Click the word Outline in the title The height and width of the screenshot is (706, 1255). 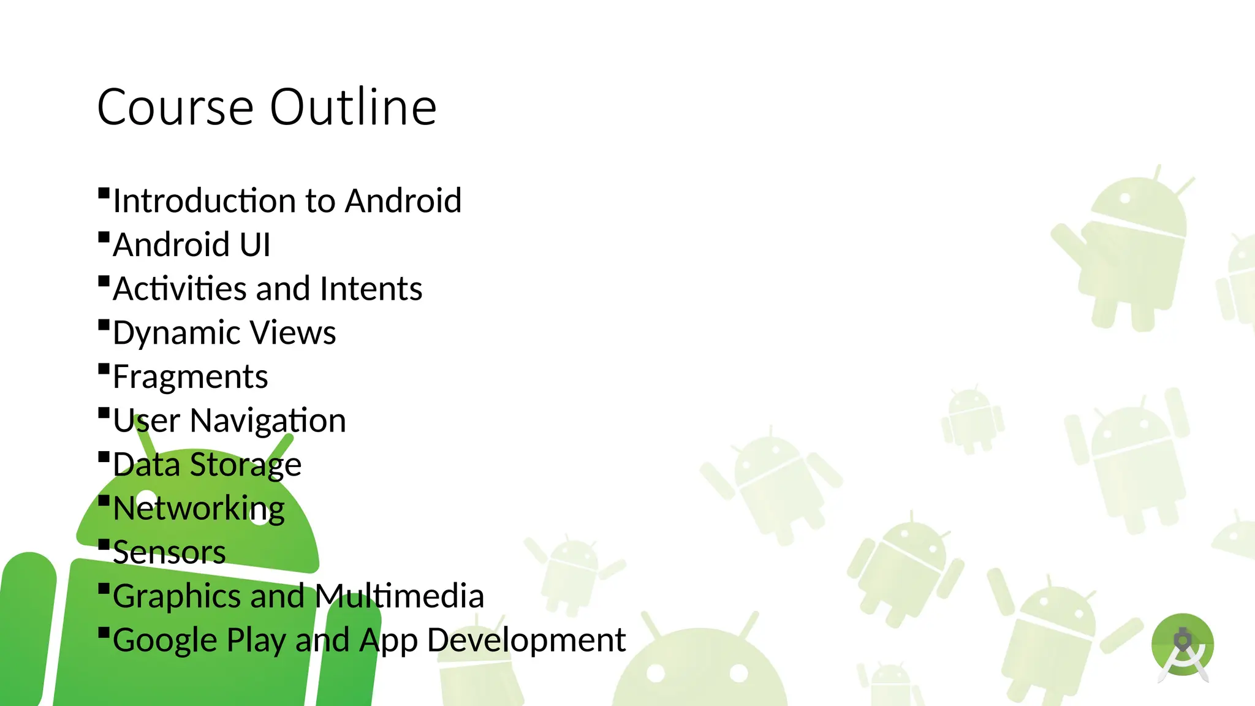pos(353,107)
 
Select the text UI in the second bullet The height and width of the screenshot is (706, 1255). pos(255,245)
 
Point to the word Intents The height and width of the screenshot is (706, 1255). pos(371,289)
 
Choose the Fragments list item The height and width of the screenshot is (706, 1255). pos(190,377)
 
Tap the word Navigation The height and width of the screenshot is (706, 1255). pos(268,421)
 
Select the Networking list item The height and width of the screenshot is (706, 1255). pos(199,509)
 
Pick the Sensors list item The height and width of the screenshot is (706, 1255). pos(169,552)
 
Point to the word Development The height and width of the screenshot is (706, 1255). pos(526,640)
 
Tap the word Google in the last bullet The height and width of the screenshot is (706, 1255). pos(165,641)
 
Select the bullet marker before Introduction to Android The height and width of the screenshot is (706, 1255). pos(104,193)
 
